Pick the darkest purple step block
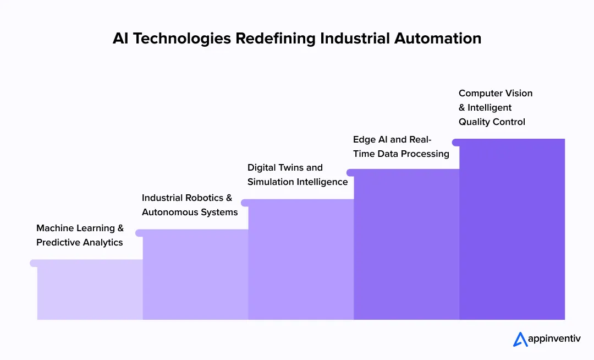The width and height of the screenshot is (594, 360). click(x=512, y=231)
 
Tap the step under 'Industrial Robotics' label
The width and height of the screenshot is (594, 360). click(x=195, y=275)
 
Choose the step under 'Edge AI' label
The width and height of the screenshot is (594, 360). click(x=406, y=245)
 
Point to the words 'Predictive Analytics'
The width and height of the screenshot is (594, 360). click(x=80, y=243)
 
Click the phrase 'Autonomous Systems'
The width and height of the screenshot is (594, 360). click(x=190, y=212)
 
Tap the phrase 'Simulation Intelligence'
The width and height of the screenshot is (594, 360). click(x=298, y=182)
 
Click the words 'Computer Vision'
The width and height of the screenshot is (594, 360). click(x=496, y=94)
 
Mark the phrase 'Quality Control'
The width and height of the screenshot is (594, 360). click(x=492, y=122)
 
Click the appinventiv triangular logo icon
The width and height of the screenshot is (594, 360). click(x=520, y=339)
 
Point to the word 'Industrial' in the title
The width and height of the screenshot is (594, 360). click(x=353, y=39)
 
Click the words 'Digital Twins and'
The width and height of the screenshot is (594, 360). click(x=285, y=168)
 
